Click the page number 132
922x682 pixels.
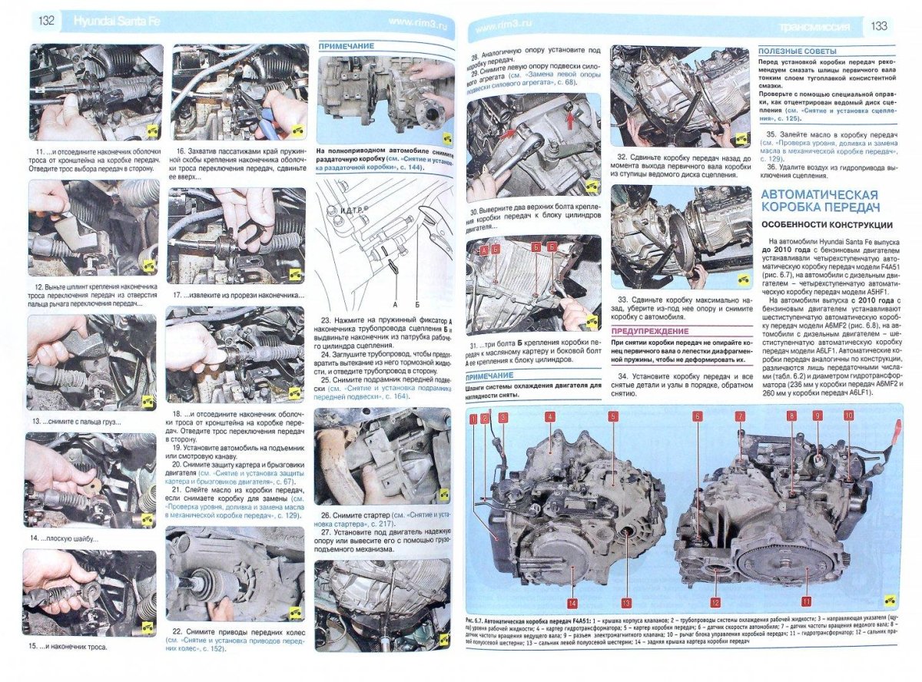45,21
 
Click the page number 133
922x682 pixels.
878,26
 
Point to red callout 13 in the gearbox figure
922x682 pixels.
626,602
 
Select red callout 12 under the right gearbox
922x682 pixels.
715,602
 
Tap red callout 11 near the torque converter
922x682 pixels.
806,601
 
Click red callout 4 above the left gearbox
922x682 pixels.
550,417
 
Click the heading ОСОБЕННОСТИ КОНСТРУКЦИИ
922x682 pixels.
826,225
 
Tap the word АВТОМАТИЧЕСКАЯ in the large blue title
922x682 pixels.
819,194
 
